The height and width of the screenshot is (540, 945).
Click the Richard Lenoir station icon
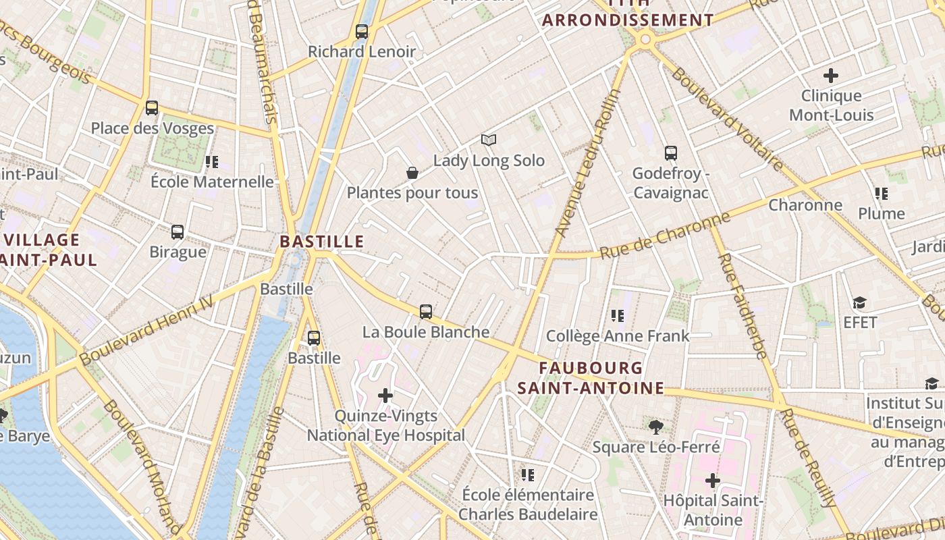pos(362,32)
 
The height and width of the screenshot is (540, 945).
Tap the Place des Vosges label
pos(152,128)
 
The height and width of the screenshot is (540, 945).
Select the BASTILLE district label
pos(322,242)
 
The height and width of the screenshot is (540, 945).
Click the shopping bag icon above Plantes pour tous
pos(412,173)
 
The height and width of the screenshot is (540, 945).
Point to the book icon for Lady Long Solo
pos(489,140)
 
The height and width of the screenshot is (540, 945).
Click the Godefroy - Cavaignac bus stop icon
pos(670,153)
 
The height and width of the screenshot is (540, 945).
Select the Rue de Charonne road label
pos(665,236)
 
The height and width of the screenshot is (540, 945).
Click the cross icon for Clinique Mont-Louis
pos(831,76)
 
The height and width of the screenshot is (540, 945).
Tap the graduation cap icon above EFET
pos(859,302)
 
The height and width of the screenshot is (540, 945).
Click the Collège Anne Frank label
pos(618,335)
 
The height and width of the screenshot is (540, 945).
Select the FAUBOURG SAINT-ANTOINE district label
pos(591,378)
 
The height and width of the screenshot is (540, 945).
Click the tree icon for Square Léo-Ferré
pos(655,427)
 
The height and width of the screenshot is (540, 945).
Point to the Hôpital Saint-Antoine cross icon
pos(713,481)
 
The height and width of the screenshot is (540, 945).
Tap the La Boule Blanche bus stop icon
pos(426,312)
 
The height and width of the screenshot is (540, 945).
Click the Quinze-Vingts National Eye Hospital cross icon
pos(385,395)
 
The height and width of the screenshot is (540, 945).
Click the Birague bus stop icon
pos(178,232)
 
